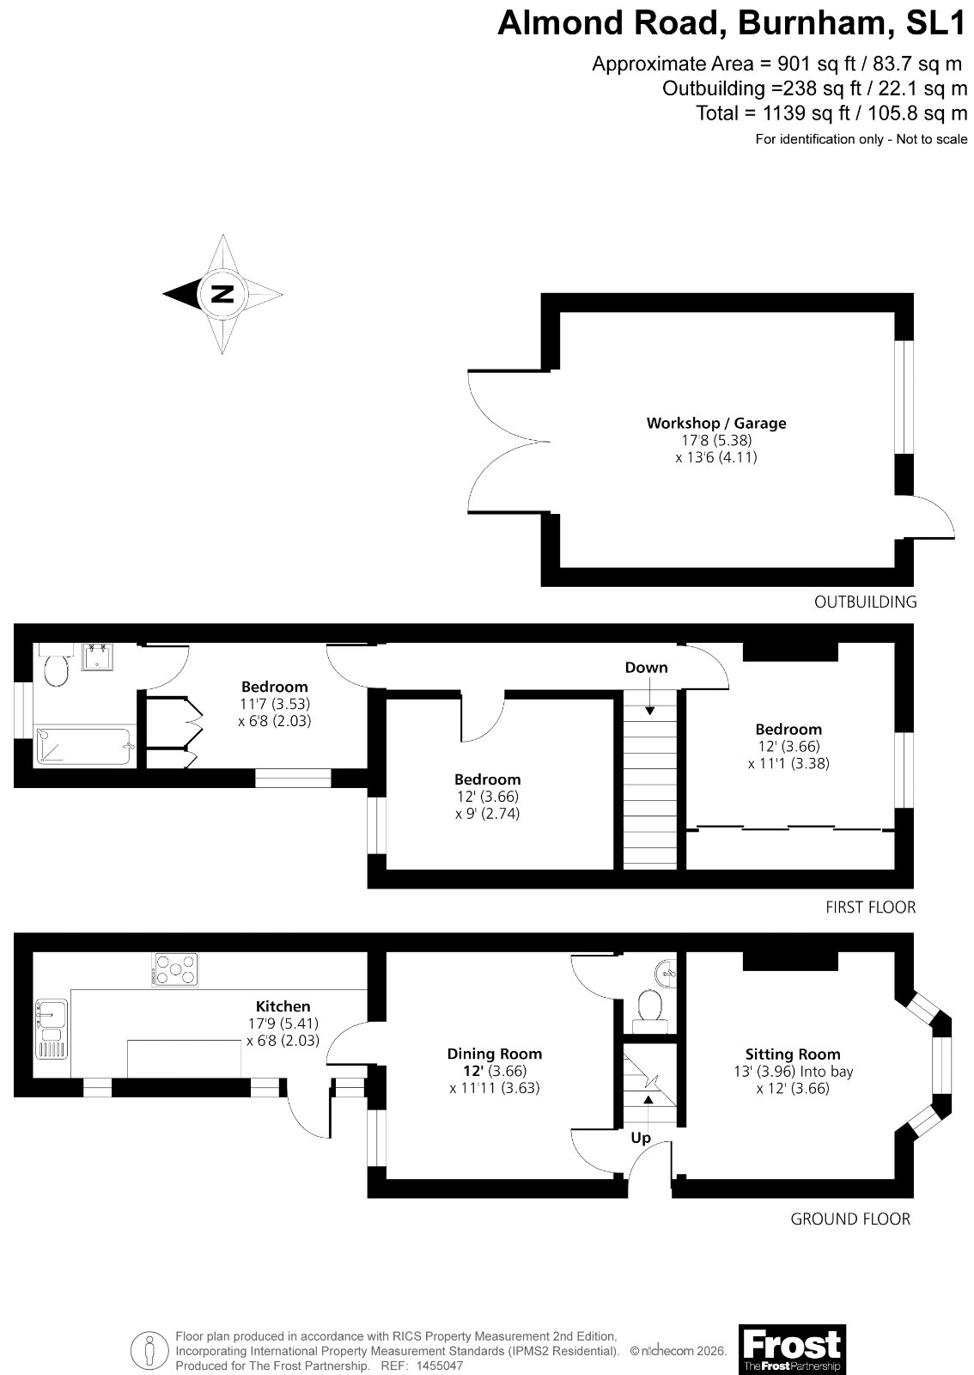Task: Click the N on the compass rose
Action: tap(222, 294)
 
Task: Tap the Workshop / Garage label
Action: tap(715, 423)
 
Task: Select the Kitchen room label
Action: tap(283, 1006)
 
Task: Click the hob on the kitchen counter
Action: tap(175, 969)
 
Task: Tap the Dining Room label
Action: tap(495, 1054)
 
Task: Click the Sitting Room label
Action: tap(793, 1054)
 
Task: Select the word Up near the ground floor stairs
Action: tap(641, 1138)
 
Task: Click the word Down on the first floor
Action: tap(646, 667)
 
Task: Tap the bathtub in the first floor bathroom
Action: tap(84, 747)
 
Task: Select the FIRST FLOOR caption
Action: tap(870, 907)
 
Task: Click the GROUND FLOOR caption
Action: tap(850, 1219)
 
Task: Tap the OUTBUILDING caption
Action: tap(865, 602)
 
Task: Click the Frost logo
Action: tap(792, 1346)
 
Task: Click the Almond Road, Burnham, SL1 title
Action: tap(732, 23)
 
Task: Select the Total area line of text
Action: tap(831, 113)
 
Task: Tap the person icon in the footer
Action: tap(149, 1350)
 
